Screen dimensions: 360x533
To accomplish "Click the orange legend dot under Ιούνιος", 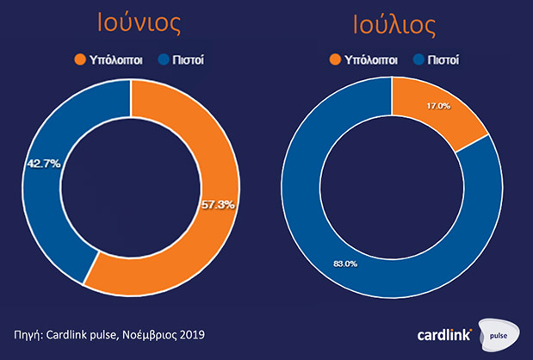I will point(80,60).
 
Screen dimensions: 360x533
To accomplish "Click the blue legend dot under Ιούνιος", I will point(164,60).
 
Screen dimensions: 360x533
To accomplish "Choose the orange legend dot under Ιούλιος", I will point(337,59).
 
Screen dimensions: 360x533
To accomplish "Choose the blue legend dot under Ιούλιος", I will point(420,59).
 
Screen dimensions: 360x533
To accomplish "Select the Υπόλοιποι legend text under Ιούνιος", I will point(115,60).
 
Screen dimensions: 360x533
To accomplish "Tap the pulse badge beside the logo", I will point(500,334).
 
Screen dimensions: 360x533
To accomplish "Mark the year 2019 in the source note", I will point(192,333).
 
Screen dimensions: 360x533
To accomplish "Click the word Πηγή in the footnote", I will point(30,333).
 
